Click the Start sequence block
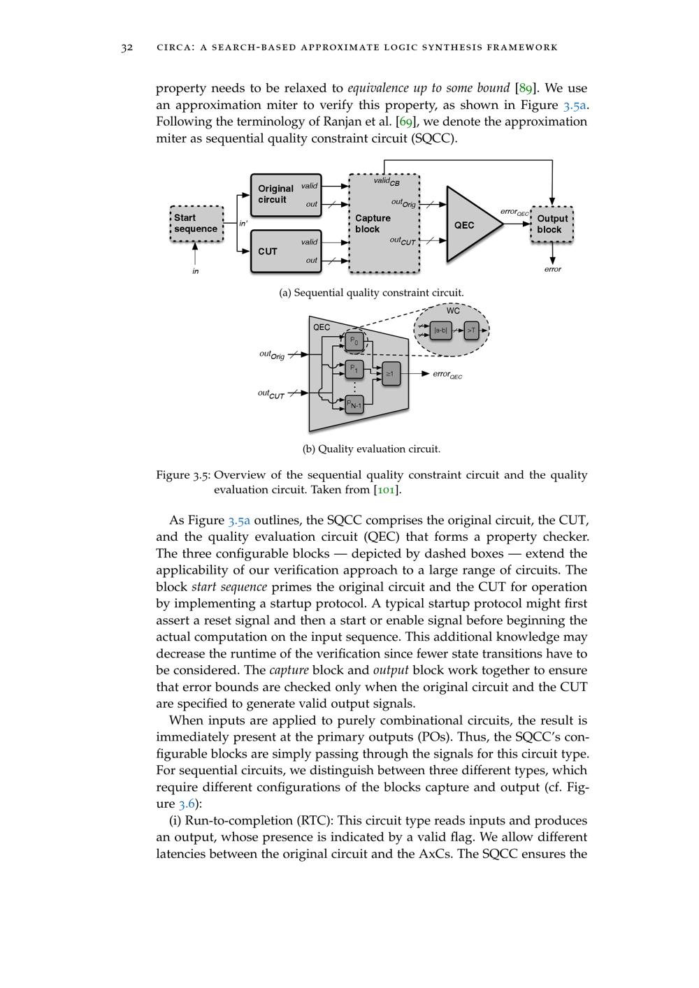pos(196,224)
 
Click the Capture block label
pos(373,224)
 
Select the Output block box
pos(552,224)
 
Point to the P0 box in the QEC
pos(354,341)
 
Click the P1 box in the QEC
pos(354,368)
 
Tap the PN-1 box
pos(354,404)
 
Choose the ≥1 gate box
pos(390,374)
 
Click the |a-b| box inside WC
pos(440,330)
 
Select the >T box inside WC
pos(471,330)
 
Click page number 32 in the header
pos(127,48)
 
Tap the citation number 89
pos(526,88)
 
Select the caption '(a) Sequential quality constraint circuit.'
pos(371,293)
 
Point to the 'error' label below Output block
pos(552,269)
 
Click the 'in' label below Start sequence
pos(196,271)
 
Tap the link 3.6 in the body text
pos(187,804)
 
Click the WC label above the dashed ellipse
pos(453,310)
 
